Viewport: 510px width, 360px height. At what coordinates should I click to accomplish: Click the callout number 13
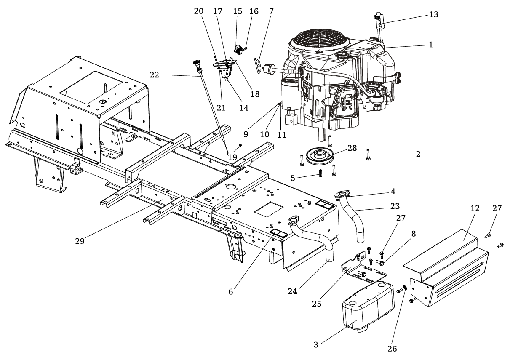pos(433,15)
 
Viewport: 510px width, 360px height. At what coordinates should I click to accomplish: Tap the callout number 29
pos(80,241)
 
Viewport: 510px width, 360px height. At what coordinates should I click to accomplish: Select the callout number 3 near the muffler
pos(316,345)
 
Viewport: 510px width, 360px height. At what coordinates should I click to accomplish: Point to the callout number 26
pos(392,349)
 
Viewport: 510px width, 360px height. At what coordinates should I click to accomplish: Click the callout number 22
pos(154,75)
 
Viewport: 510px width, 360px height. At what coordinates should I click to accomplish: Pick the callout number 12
pos(475,208)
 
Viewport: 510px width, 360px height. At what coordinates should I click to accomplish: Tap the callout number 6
pos(231,292)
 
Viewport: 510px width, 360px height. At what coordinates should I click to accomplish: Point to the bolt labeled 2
pos(368,155)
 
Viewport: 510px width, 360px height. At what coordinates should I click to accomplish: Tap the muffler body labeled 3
pos(368,307)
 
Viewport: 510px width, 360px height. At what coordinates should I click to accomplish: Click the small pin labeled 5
pos(320,173)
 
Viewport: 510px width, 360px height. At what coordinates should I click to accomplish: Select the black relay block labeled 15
pos(238,50)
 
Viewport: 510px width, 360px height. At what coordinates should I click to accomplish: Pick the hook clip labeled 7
pos(257,66)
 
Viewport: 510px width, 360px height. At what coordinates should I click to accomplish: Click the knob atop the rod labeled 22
pos(197,63)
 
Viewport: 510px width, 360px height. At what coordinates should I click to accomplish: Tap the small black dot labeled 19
pos(240,145)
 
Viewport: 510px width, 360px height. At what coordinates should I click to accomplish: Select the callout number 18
pos(255,94)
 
